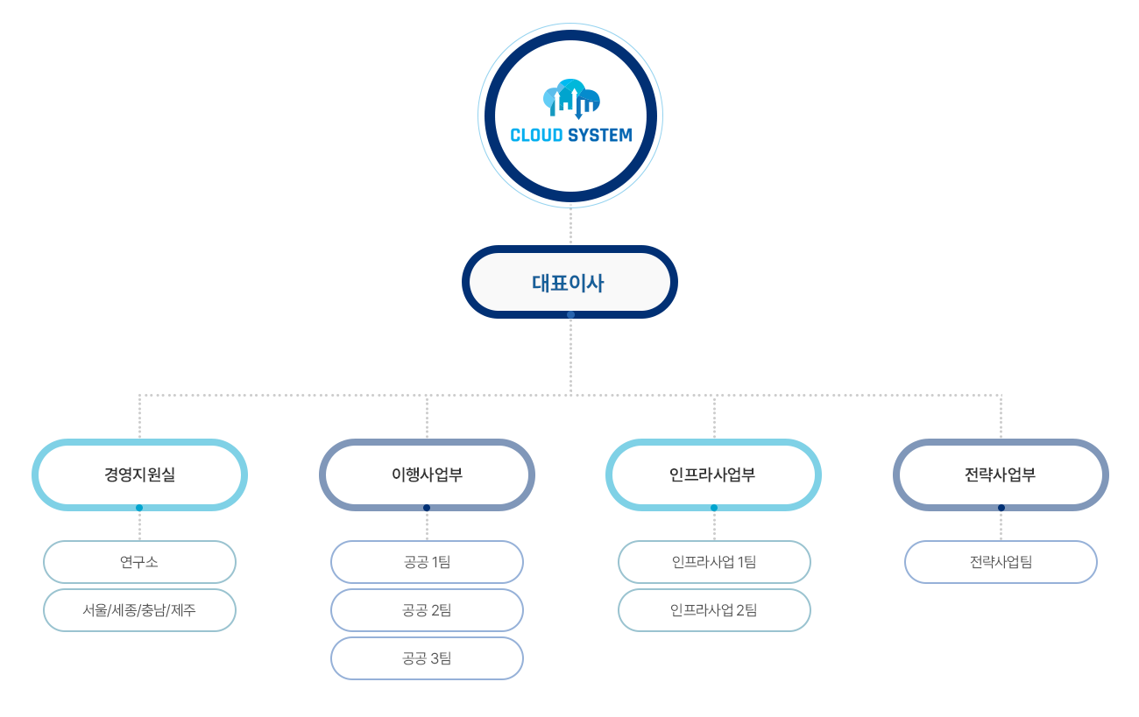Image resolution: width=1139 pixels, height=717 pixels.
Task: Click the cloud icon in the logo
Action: click(x=571, y=99)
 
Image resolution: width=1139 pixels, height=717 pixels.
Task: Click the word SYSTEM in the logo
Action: click(x=600, y=135)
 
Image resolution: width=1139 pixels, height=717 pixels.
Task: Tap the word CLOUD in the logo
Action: click(x=536, y=135)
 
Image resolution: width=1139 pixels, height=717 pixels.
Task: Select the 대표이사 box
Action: click(x=569, y=282)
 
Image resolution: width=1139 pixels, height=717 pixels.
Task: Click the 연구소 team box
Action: click(x=139, y=562)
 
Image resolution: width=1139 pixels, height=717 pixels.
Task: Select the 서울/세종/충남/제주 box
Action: click(x=139, y=610)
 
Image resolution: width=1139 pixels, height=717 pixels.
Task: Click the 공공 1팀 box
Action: click(x=427, y=562)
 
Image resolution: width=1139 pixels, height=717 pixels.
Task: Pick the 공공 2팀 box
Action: click(x=427, y=610)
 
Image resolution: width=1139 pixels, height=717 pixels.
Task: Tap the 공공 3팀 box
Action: click(x=427, y=658)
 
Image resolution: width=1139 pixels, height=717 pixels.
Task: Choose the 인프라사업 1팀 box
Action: click(x=714, y=562)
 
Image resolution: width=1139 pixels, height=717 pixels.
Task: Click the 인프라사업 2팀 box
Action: click(x=714, y=610)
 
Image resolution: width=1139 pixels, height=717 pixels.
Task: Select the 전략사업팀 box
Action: click(x=1001, y=562)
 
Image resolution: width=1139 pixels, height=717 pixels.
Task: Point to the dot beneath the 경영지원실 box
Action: click(x=139, y=508)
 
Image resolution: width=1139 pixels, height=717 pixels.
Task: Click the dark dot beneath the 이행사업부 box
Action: click(x=427, y=508)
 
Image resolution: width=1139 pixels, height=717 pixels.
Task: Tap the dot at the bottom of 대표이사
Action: click(x=570, y=314)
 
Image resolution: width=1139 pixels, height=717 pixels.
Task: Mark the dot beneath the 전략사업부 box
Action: click(x=1001, y=508)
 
